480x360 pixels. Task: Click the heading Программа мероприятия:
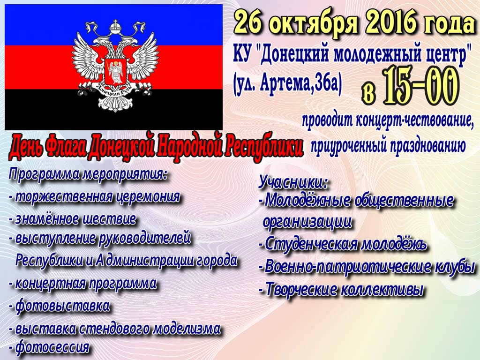click(x=88, y=175)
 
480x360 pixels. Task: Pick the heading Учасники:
click(x=293, y=182)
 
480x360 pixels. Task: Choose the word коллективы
click(x=382, y=289)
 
